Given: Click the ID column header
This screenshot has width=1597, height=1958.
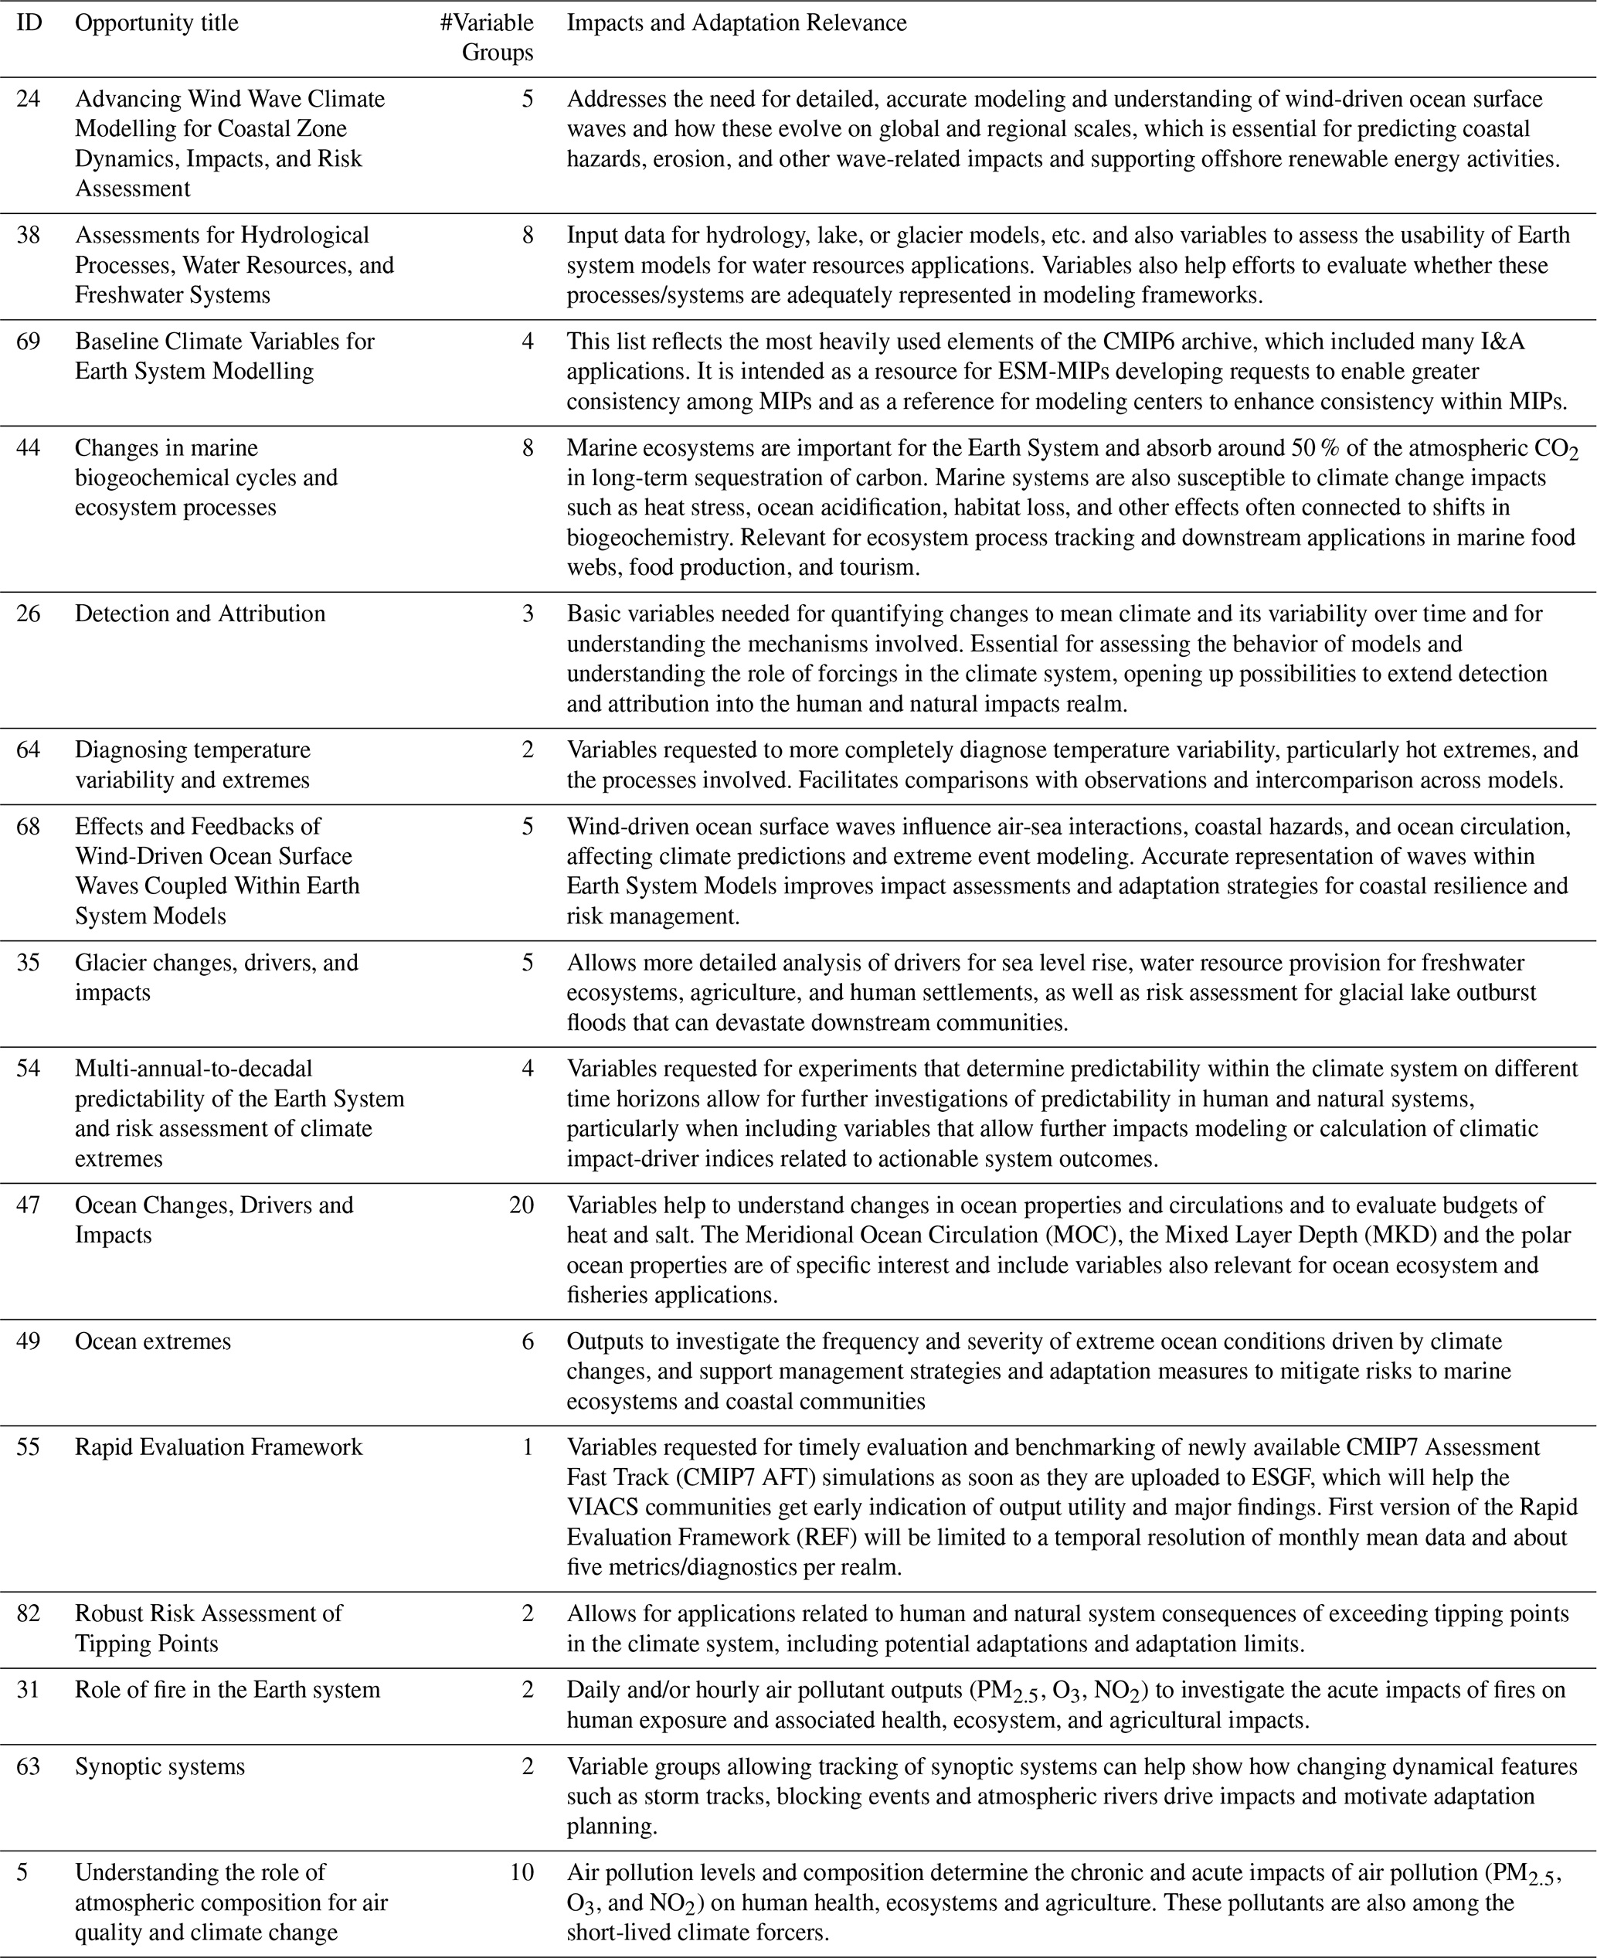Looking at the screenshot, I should (29, 23).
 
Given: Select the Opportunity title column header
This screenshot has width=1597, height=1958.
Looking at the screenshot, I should (156, 23).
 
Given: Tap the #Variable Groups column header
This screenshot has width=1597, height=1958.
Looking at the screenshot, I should (487, 38).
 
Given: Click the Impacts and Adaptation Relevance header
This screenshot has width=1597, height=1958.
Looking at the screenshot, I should (736, 23).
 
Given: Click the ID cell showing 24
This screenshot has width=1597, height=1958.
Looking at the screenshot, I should (29, 98).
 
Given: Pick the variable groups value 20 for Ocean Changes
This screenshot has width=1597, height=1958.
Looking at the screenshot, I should (521, 1205).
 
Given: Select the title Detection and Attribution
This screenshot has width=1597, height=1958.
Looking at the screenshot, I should (199, 614).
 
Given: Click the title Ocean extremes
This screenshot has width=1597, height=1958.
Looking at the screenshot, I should (153, 1341).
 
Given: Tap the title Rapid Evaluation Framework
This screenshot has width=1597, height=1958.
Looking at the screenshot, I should (219, 1446).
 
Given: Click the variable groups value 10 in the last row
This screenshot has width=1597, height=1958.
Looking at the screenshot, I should (521, 1871).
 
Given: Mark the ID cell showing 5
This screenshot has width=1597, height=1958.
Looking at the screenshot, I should (23, 1871).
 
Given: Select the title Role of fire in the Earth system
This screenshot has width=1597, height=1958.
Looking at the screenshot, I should (227, 1689).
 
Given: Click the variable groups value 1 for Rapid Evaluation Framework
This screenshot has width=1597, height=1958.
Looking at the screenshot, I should (527, 1446).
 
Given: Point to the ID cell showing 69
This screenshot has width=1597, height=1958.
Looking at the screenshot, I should (29, 342).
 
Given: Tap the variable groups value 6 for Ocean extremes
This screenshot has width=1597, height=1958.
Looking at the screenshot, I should (527, 1341).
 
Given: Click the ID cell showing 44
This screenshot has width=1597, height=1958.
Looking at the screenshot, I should (29, 448).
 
